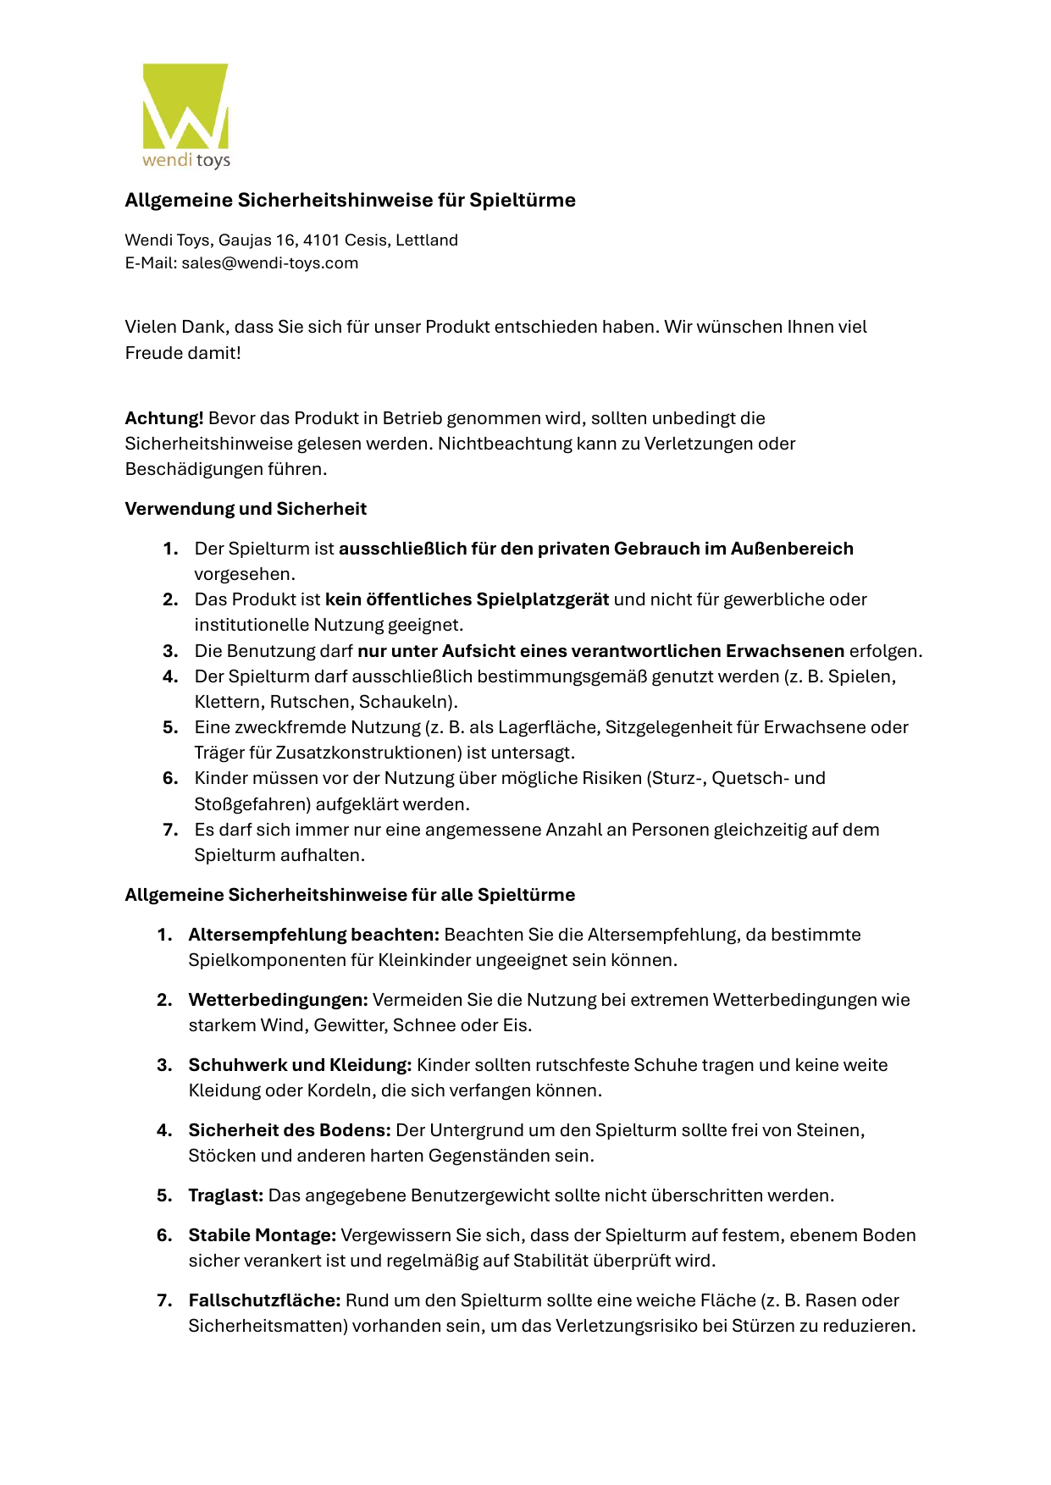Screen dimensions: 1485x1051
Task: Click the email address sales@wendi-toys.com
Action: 269,263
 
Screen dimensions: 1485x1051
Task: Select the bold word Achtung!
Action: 164,418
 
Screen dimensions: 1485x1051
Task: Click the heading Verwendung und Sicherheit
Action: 246,509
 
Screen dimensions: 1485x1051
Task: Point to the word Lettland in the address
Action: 427,240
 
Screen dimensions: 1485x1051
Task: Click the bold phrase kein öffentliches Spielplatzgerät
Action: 467,599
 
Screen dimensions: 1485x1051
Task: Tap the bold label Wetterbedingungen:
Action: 278,1000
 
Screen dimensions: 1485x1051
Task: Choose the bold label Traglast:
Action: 226,1195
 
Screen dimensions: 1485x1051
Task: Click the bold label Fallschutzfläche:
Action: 264,1300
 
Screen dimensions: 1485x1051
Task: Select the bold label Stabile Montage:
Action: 263,1235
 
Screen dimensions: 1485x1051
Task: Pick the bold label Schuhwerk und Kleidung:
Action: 300,1065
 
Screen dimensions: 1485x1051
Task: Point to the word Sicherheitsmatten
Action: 265,1326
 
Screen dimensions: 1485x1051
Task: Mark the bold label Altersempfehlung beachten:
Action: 313,935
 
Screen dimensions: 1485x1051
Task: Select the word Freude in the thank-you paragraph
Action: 153,353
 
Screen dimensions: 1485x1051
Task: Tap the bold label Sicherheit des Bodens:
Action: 290,1130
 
